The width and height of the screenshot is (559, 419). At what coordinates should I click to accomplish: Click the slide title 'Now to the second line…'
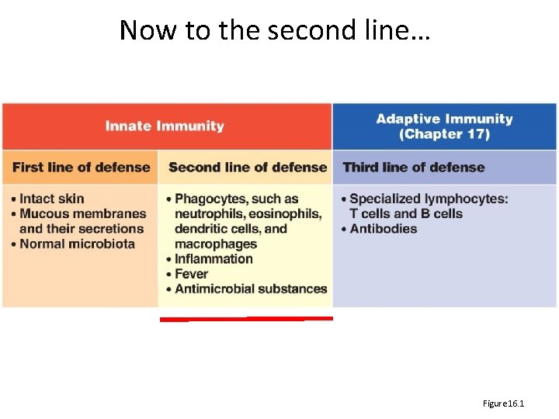click(x=275, y=30)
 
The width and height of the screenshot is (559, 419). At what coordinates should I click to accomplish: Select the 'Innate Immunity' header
click(x=165, y=126)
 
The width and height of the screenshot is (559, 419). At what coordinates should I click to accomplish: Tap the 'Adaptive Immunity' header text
click(x=444, y=119)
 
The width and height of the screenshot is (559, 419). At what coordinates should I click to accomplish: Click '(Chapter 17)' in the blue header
click(x=444, y=134)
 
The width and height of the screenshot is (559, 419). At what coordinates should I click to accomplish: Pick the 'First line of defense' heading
click(x=81, y=167)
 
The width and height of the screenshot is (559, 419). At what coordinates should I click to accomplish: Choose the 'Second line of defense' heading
click(x=248, y=167)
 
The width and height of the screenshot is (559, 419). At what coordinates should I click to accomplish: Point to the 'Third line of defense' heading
click(x=413, y=167)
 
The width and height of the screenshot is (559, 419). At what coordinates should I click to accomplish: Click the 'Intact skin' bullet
click(x=51, y=199)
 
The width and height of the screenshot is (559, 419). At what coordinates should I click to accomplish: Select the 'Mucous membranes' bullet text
click(x=82, y=213)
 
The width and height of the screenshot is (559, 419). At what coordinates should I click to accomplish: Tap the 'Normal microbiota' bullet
click(x=77, y=244)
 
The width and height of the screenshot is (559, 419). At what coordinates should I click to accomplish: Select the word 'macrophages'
click(x=215, y=244)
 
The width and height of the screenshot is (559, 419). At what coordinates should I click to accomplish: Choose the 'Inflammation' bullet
click(x=214, y=258)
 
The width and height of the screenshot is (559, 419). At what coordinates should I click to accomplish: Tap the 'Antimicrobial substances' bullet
click(x=250, y=289)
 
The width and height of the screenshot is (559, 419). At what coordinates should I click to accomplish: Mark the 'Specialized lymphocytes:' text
click(x=429, y=199)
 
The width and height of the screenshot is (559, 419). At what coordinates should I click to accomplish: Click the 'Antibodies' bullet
click(x=383, y=228)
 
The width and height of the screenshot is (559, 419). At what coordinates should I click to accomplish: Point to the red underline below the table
click(x=246, y=318)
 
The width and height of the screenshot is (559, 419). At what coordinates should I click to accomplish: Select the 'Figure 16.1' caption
click(x=503, y=403)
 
